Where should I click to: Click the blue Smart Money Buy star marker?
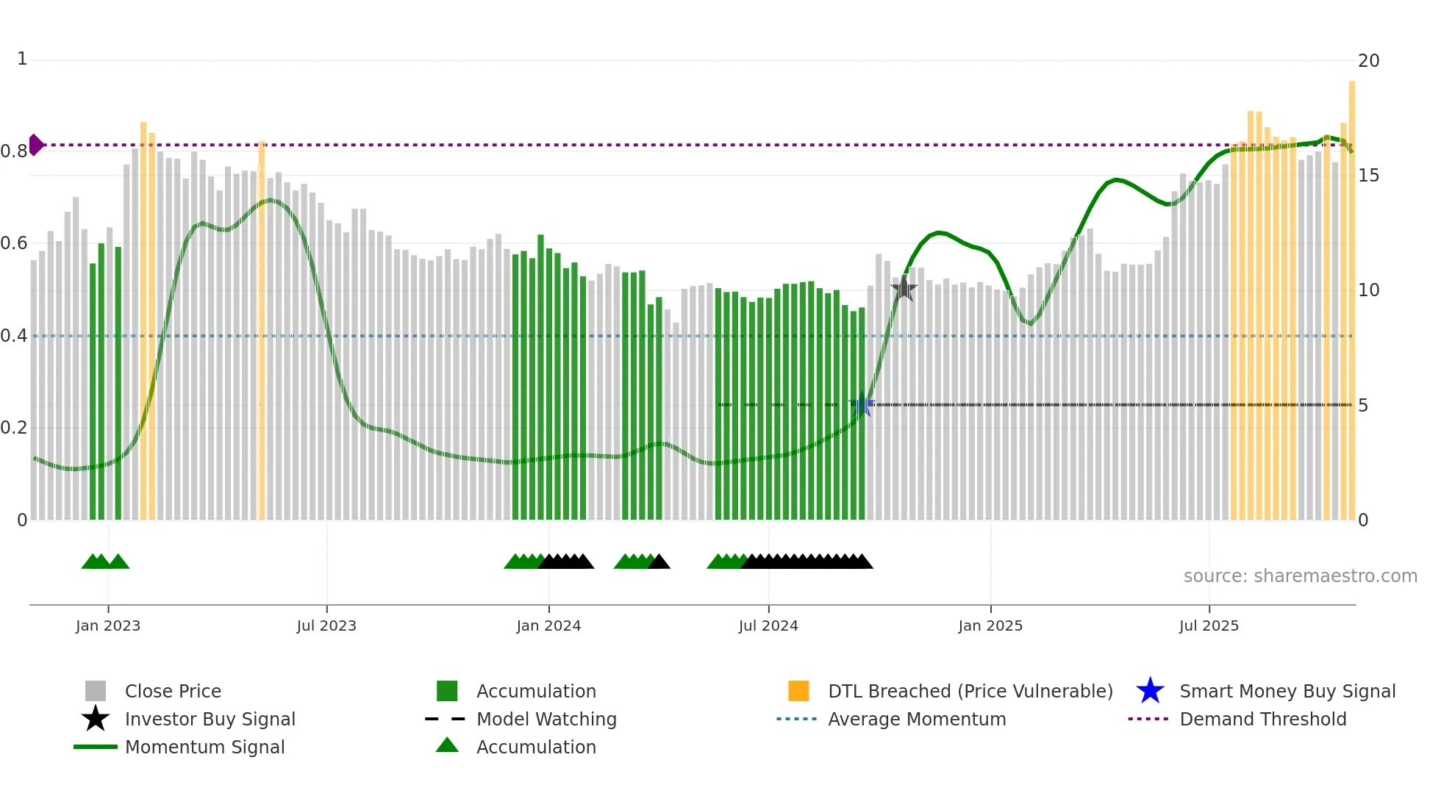(x=862, y=404)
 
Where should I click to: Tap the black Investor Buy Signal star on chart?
(x=904, y=289)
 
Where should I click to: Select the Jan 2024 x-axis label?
(x=548, y=626)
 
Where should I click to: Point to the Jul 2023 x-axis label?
(x=326, y=626)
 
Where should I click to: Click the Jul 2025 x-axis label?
(x=1209, y=626)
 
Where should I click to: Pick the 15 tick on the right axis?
(x=1368, y=176)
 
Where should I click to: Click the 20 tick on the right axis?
(x=1368, y=61)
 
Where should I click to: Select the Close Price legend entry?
(x=172, y=691)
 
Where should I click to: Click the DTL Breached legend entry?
(x=970, y=691)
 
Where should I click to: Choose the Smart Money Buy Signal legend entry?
(x=1287, y=691)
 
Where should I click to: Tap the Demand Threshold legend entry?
(x=1262, y=719)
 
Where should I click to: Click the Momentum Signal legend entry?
(x=204, y=747)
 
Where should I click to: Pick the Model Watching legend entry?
(x=546, y=719)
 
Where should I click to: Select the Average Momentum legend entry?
(x=916, y=719)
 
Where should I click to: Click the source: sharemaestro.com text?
(x=1300, y=576)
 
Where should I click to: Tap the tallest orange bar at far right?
(x=1351, y=294)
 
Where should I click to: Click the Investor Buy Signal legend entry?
(x=210, y=719)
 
